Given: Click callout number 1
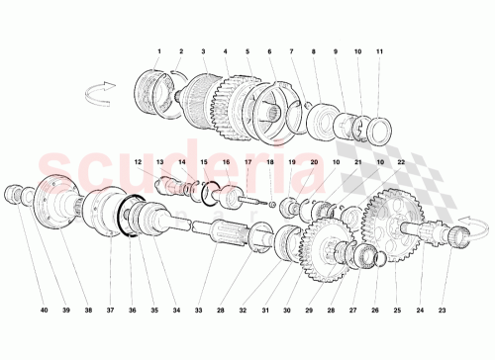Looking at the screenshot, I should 158,50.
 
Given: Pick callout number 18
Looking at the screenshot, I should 269,161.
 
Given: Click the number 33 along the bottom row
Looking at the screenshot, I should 198,310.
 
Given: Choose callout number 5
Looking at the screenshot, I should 247,50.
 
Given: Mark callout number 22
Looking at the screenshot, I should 401,161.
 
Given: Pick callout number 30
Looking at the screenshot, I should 286,310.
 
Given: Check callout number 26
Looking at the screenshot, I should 375,310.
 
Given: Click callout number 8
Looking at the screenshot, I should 314,50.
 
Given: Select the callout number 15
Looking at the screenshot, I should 204,161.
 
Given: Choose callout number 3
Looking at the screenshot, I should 203,50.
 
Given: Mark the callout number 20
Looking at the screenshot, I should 314,161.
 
